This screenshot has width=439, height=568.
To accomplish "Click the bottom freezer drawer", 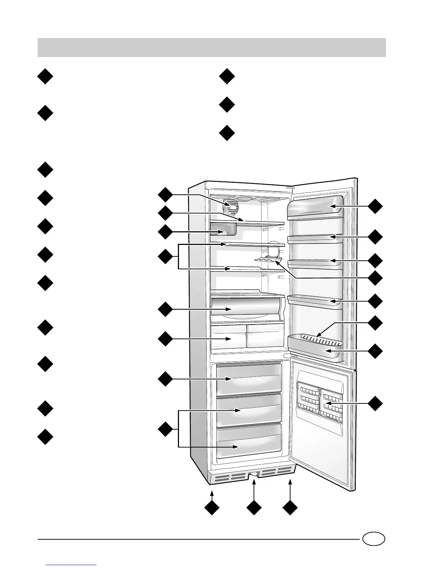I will tap(249, 441).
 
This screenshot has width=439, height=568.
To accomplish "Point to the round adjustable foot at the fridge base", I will tap(254, 475).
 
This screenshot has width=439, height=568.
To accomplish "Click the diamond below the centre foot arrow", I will tap(254, 508).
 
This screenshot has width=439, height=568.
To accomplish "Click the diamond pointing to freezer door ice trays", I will tap(376, 404).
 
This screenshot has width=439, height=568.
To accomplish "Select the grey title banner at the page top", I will tap(212, 47).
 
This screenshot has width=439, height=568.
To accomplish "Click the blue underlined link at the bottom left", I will tap(71, 565).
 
